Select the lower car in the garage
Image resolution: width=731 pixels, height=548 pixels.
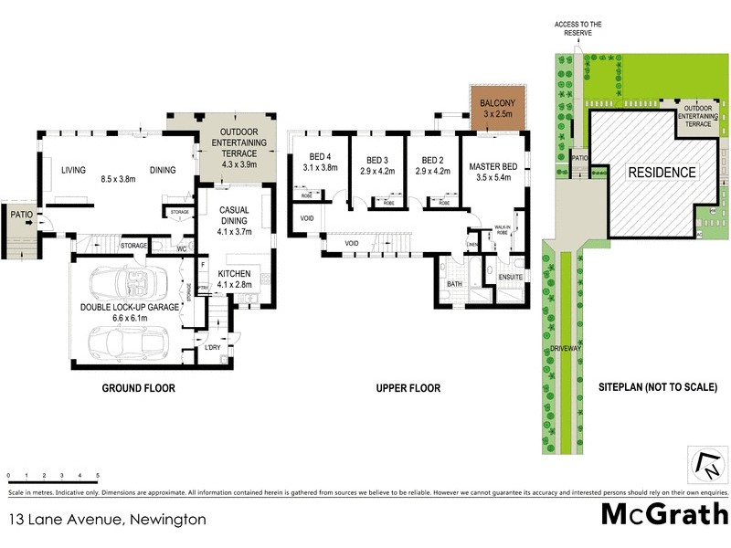(126, 342)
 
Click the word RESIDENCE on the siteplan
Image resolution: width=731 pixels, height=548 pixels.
(661, 173)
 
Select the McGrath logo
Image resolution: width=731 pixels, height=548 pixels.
(664, 514)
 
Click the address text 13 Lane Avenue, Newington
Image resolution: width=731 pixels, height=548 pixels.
(107, 519)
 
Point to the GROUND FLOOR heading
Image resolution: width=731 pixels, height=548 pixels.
(138, 388)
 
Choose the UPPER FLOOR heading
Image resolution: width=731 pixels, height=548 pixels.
(408, 388)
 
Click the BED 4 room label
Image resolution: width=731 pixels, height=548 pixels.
(321, 162)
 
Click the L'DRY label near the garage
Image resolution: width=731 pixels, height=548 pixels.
(213, 348)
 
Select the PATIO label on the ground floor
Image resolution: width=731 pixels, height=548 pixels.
(22, 215)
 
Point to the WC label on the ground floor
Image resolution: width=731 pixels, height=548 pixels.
(182, 248)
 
